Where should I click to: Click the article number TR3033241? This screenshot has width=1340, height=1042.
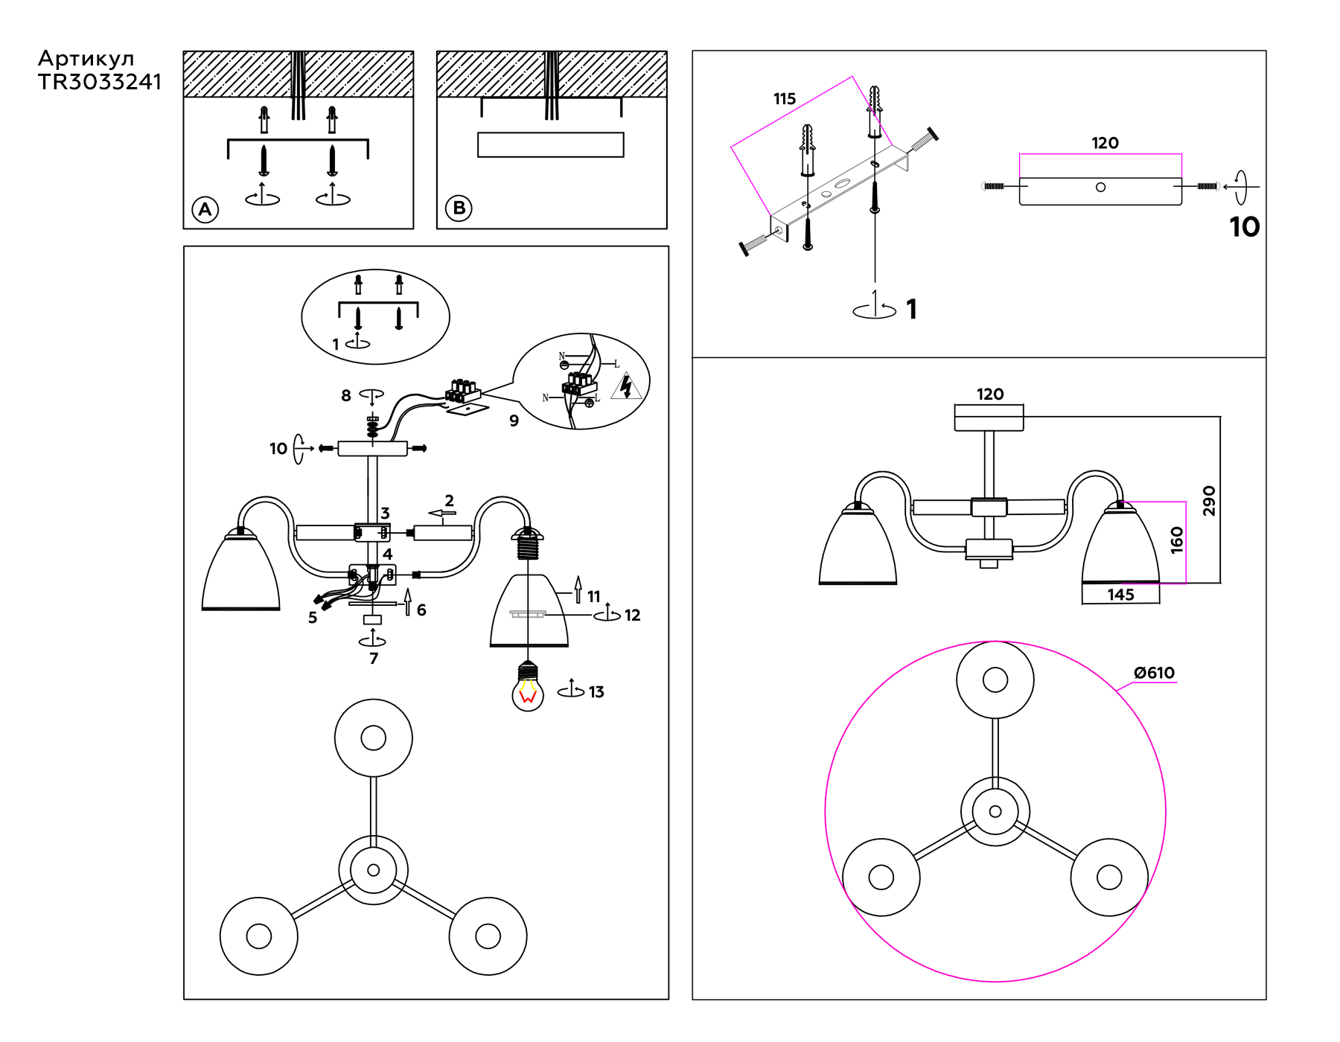pyautogui.click(x=100, y=82)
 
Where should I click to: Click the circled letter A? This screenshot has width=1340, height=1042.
pyautogui.click(x=205, y=209)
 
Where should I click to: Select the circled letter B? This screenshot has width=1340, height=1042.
pyautogui.click(x=459, y=208)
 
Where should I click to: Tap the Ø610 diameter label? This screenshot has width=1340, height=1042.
pyautogui.click(x=1153, y=673)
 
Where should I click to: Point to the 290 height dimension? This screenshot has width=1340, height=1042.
pyautogui.click(x=1209, y=500)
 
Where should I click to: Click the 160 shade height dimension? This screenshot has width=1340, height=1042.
pyautogui.click(x=1176, y=540)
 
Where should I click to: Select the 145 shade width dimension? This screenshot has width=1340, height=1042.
pyautogui.click(x=1120, y=595)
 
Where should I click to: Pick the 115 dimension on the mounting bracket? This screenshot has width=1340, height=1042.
pyautogui.click(x=784, y=99)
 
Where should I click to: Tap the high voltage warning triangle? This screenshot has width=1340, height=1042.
pyautogui.click(x=626, y=387)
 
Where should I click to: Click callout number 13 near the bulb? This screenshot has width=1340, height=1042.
pyautogui.click(x=596, y=692)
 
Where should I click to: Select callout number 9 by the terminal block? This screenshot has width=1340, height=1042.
pyautogui.click(x=514, y=421)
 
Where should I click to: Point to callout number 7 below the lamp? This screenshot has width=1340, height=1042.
pyautogui.click(x=374, y=659)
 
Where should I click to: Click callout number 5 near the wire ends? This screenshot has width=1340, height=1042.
pyautogui.click(x=313, y=618)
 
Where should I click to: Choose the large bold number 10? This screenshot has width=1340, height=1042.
pyautogui.click(x=1244, y=227)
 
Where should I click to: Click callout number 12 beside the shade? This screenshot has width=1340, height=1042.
pyautogui.click(x=632, y=616)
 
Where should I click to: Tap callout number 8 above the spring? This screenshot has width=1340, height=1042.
pyautogui.click(x=346, y=396)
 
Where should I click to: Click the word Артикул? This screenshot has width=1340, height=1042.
pyautogui.click(x=86, y=59)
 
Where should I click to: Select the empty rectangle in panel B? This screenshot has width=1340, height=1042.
pyautogui.click(x=550, y=144)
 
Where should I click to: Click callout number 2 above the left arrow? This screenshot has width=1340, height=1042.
pyautogui.click(x=449, y=501)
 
